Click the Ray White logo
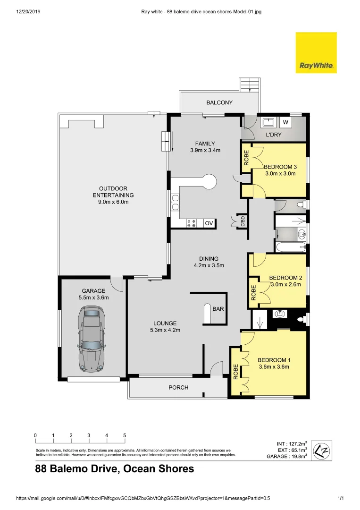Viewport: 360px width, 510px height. tap(316, 52)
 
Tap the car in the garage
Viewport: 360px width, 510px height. tap(92, 338)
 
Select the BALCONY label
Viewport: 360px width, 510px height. tap(219, 102)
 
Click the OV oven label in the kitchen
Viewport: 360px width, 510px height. tap(209, 223)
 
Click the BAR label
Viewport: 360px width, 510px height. tap(218, 309)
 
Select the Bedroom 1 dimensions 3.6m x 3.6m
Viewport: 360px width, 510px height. tap(274, 366)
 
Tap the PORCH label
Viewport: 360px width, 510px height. tap(178, 388)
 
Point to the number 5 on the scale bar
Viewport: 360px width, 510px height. tap(125, 435)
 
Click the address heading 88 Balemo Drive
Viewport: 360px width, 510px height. tap(115, 469)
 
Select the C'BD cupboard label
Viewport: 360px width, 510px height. tap(243, 221)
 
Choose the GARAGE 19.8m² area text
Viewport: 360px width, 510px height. tap(286, 457)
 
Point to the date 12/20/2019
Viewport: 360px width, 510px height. tap(28, 11)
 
